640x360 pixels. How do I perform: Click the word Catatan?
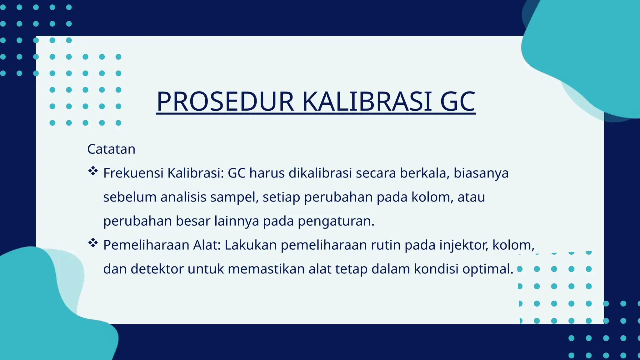111,149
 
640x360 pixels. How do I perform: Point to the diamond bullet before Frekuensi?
93,171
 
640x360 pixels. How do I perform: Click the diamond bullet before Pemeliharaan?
93,243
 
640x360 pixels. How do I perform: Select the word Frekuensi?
133,173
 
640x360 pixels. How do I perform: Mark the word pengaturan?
336,221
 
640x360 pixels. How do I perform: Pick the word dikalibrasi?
320,173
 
